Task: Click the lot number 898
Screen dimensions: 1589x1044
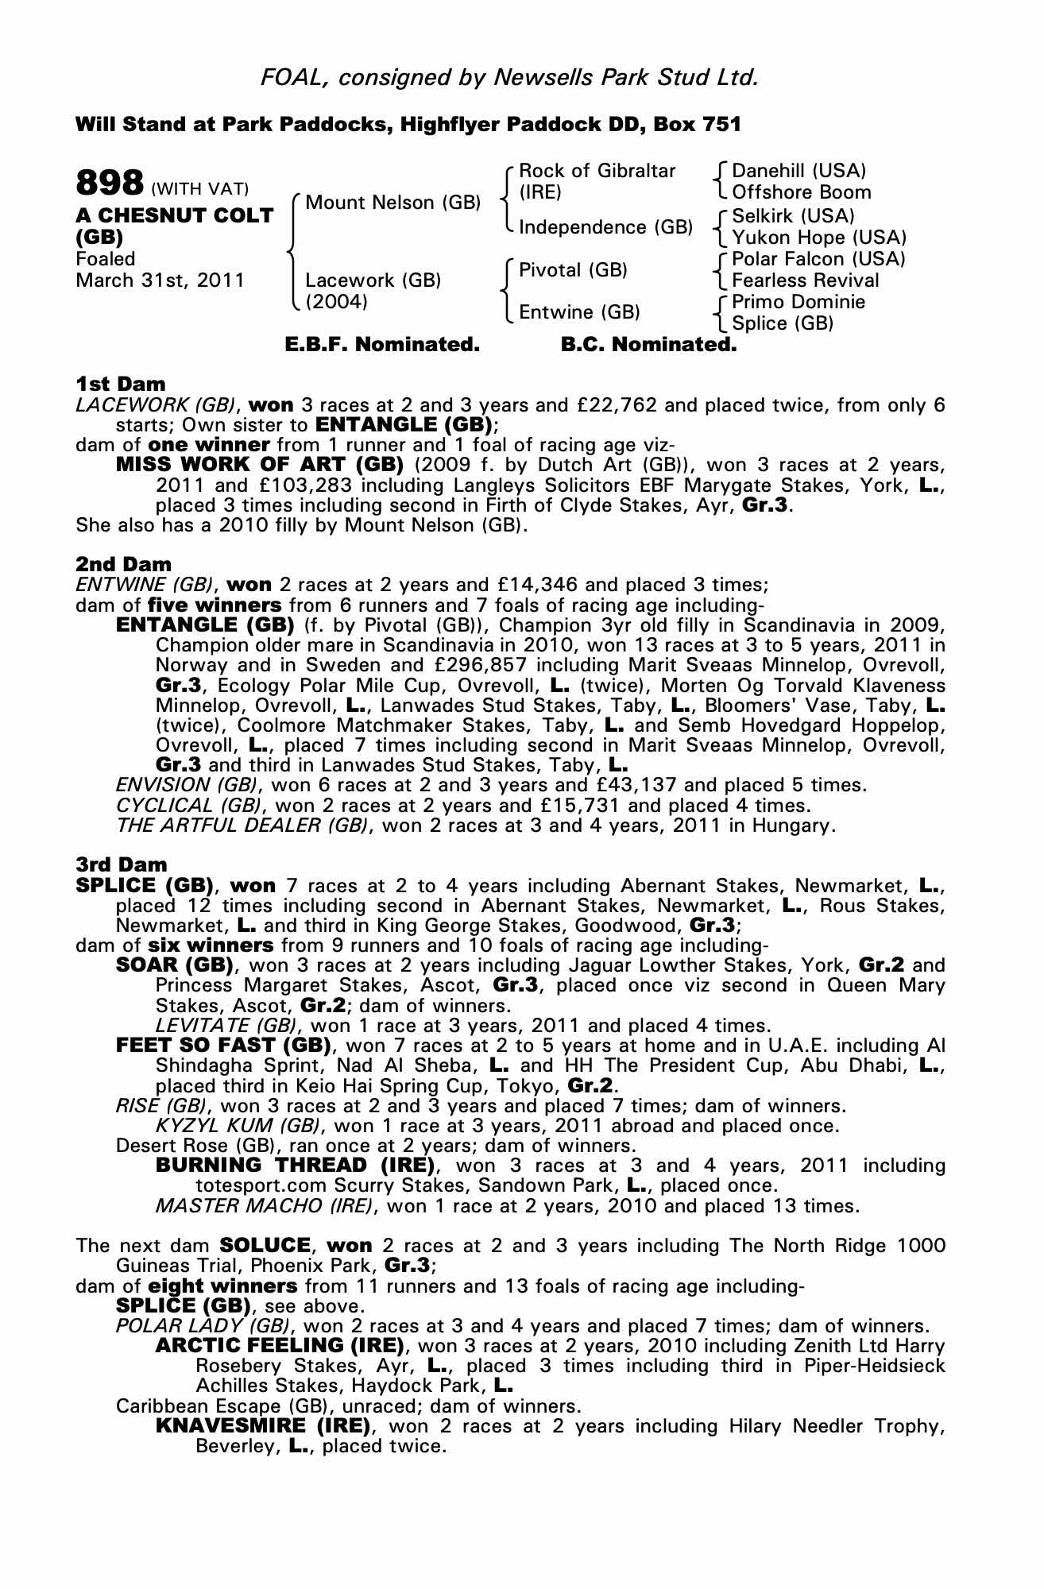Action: click(x=109, y=183)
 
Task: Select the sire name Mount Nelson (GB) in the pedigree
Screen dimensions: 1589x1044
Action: click(x=392, y=203)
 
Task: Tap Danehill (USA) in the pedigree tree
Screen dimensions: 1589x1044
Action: click(x=798, y=171)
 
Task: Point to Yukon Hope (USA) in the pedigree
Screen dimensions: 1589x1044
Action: click(x=818, y=238)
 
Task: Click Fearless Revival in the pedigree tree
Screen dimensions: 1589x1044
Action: click(x=805, y=280)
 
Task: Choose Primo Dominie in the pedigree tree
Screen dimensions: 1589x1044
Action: click(x=798, y=302)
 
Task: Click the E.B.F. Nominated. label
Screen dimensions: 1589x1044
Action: click(x=382, y=345)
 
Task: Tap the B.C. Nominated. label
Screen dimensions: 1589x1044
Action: click(x=648, y=345)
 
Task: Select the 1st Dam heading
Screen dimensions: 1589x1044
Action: click(x=121, y=385)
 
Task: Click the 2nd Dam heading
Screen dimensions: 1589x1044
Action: click(x=123, y=564)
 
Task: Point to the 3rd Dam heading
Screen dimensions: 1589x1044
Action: click(x=122, y=864)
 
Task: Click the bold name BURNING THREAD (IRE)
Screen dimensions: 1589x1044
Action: click(x=295, y=1166)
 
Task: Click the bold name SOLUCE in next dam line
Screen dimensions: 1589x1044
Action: click(x=264, y=1245)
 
